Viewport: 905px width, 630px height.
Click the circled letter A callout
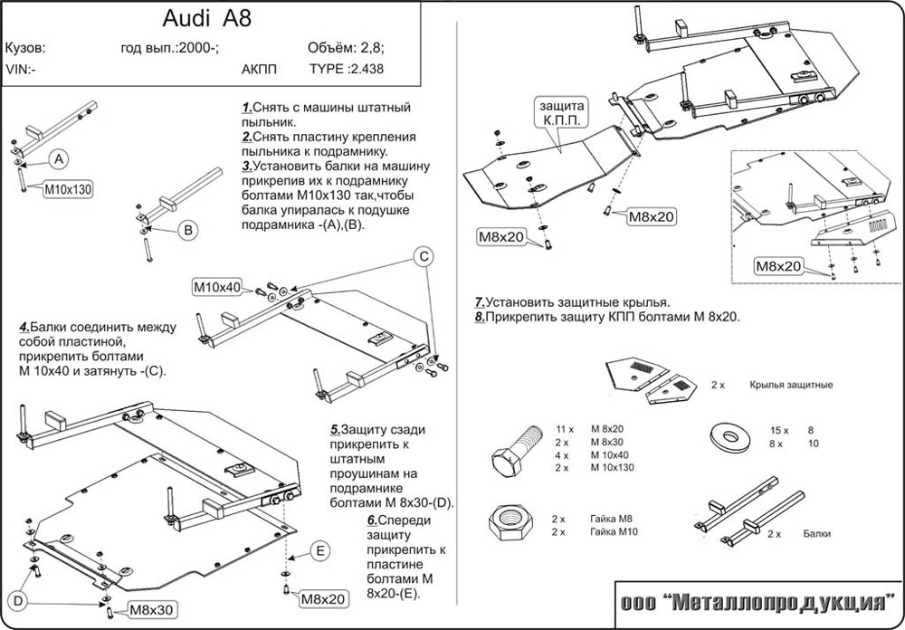point(59,160)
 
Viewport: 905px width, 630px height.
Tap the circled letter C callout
point(423,257)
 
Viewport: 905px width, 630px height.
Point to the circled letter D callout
point(18,601)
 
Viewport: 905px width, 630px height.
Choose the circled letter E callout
point(322,550)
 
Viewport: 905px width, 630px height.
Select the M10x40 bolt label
point(217,288)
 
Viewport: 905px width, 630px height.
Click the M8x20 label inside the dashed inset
point(779,266)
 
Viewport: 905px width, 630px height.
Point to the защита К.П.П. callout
point(560,111)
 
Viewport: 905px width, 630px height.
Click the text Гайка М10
point(614,532)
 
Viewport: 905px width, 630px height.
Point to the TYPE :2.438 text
point(347,68)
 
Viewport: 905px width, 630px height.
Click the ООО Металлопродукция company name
point(758,604)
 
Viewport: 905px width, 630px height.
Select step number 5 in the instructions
point(334,429)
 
